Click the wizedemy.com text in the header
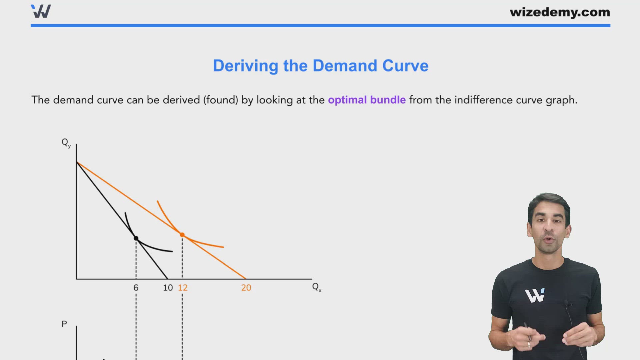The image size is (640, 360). coord(560,12)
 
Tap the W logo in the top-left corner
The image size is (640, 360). coord(41,11)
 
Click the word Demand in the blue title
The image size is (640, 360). coord(345,66)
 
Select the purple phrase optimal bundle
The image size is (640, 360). coord(367,100)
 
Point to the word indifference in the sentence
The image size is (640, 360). coord(484,100)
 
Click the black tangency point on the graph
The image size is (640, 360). coord(136,238)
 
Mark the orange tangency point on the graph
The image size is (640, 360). coord(182,235)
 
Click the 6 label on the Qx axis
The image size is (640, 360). coord(136,288)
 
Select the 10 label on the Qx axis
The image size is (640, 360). coord(168,288)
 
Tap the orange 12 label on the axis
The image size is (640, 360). coord(183,288)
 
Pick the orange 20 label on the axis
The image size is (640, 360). coord(246,288)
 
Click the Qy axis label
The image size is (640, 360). coord(66,143)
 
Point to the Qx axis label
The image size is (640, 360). coord(317,287)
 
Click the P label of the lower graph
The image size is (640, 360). coord(64,324)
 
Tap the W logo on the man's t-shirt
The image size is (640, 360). coord(535,295)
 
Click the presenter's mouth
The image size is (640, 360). coord(548,240)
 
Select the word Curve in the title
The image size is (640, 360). coord(405,66)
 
